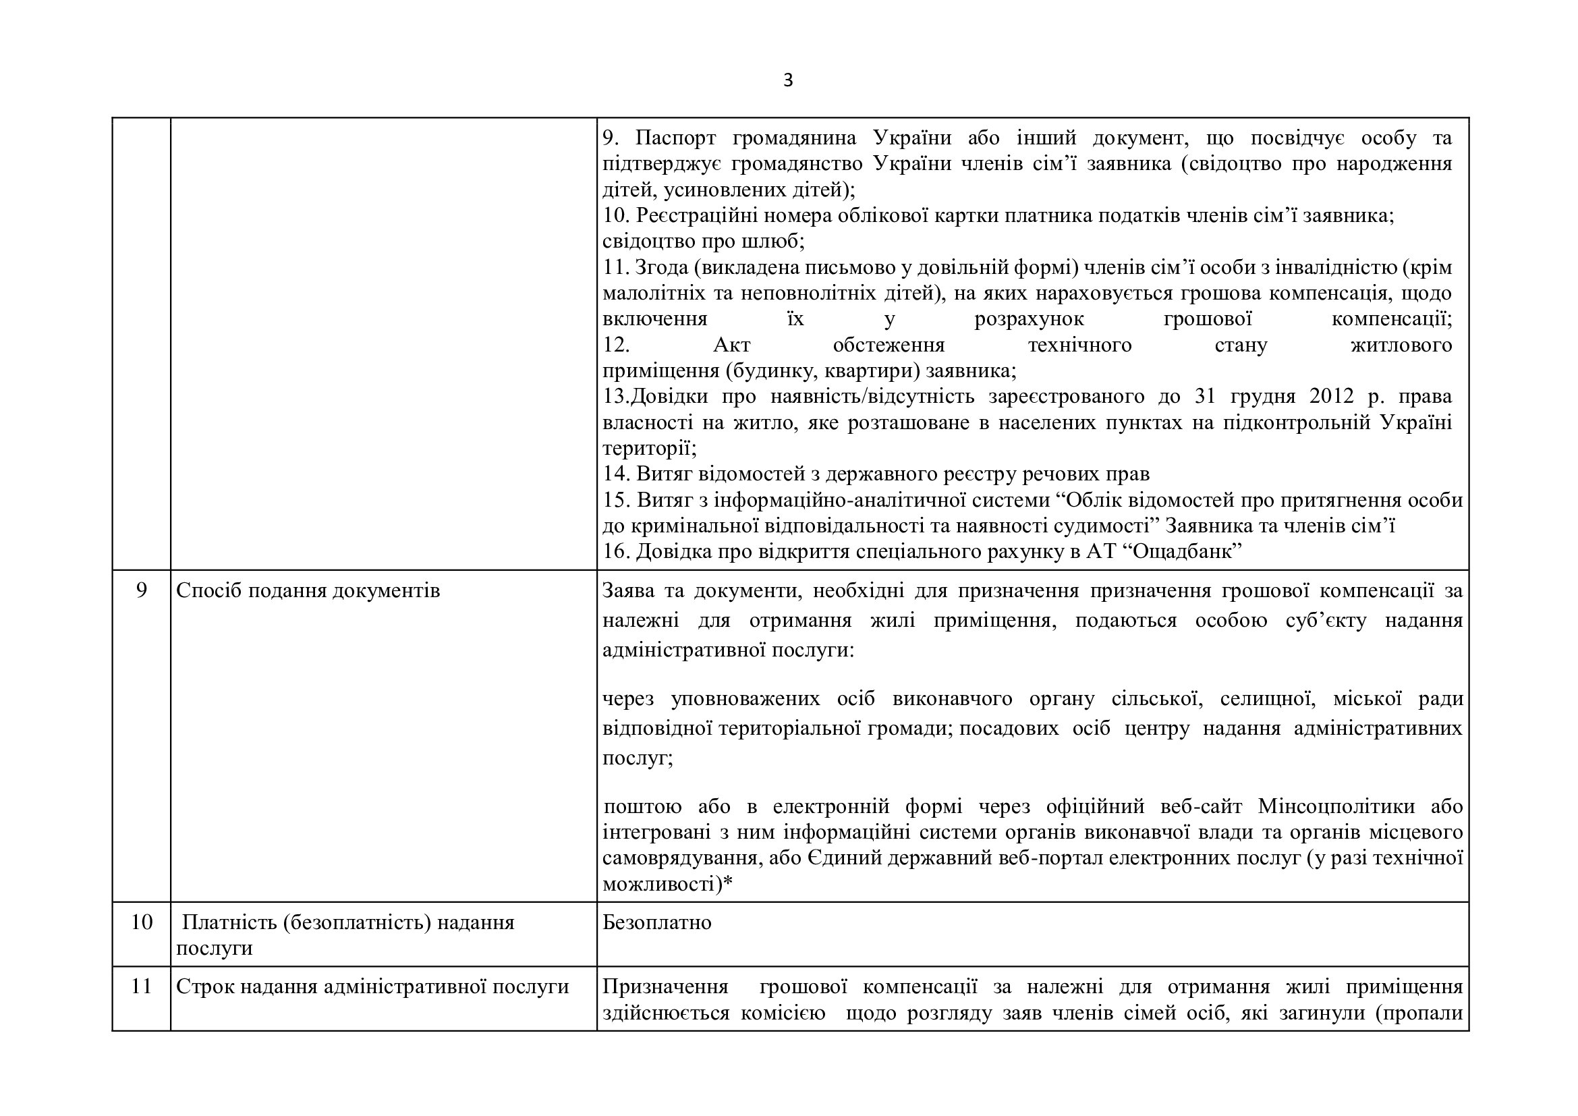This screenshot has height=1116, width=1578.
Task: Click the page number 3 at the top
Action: tap(787, 81)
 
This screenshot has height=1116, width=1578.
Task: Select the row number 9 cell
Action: tap(142, 590)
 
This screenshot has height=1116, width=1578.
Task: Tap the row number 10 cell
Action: tap(142, 922)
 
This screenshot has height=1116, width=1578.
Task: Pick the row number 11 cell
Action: tap(142, 986)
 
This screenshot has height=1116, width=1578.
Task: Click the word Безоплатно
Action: tap(657, 922)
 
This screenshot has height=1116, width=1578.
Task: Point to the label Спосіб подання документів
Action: tap(308, 591)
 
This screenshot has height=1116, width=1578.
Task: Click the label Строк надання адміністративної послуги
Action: tap(372, 987)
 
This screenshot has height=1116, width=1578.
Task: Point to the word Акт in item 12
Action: tap(732, 345)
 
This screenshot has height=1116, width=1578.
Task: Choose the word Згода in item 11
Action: tap(661, 267)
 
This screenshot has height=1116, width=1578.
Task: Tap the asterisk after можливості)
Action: tap(728, 884)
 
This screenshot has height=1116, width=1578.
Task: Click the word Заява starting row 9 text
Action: tap(627, 591)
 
